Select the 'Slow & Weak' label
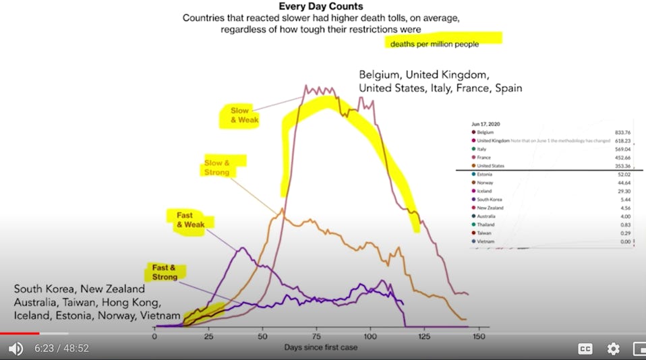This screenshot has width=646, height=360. (x=239, y=115)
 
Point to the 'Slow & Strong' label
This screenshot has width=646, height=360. (x=217, y=167)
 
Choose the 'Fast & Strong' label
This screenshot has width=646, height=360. (x=165, y=272)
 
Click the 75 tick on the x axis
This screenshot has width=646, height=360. (x=316, y=336)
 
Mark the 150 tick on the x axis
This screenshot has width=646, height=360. (x=478, y=336)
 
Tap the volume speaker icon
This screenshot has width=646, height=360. (x=15, y=349)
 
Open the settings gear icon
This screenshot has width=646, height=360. (x=613, y=349)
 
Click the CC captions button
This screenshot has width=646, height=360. (x=585, y=349)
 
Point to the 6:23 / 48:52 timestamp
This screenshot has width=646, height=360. (x=62, y=349)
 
